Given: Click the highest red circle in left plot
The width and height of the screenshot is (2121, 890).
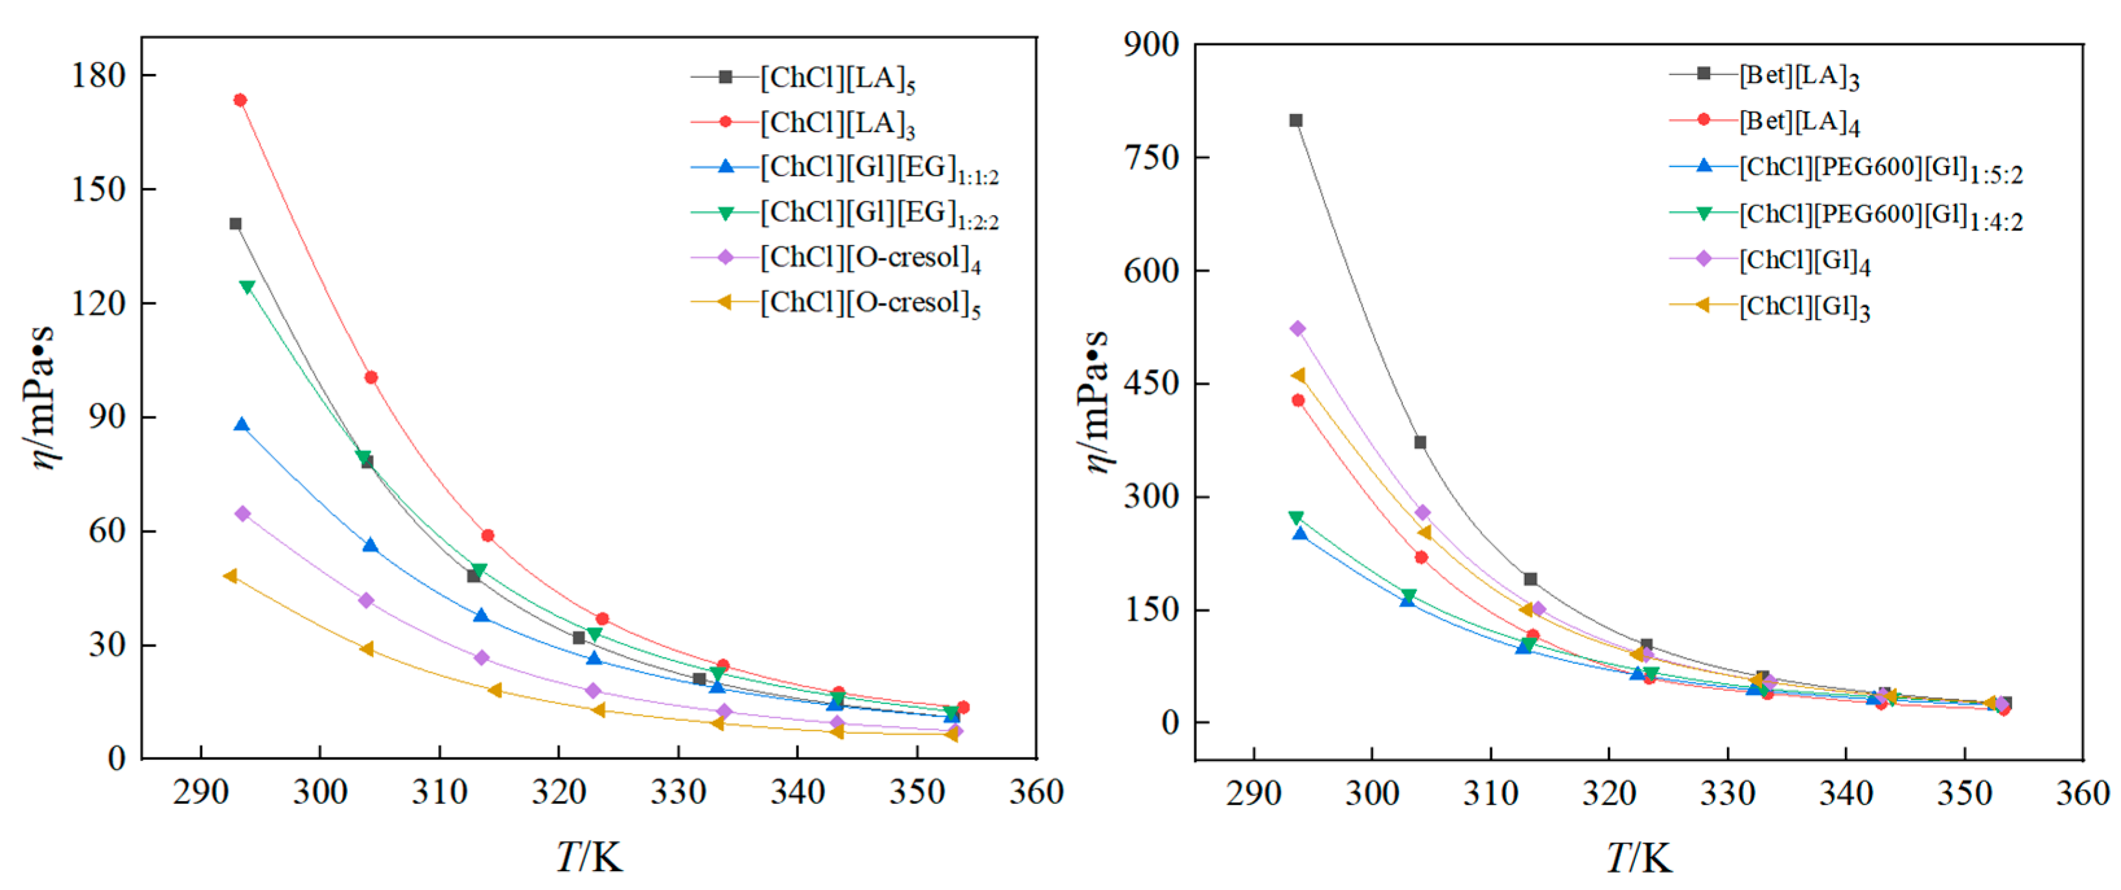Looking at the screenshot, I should point(240,100).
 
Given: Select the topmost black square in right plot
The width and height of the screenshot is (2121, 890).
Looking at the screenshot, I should point(1295,121).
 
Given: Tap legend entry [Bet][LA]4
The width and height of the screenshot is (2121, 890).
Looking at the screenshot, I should point(1798,122).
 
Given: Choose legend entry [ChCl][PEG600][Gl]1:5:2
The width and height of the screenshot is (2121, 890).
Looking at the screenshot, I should point(1880,169).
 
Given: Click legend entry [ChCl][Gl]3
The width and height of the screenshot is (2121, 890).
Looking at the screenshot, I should point(1803,307).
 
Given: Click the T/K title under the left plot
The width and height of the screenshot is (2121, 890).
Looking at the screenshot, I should point(588,857).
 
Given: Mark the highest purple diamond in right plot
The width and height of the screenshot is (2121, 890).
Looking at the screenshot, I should point(1297,329).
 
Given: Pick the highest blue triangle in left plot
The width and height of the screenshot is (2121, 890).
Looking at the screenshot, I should point(241,426).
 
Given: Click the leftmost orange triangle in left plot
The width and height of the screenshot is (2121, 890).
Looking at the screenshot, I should point(231,576).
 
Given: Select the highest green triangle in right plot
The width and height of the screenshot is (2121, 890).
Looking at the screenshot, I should point(1296,518).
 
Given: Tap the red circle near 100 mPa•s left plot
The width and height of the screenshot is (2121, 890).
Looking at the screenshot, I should point(371,378).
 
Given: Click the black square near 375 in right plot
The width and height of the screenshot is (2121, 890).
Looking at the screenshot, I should point(1419,443).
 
